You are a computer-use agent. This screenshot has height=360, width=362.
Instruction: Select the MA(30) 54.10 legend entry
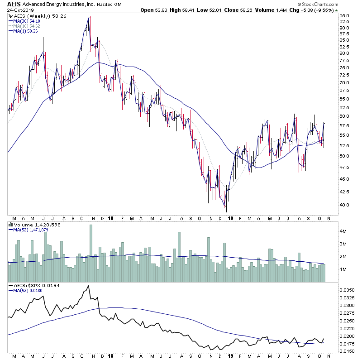point(26,21)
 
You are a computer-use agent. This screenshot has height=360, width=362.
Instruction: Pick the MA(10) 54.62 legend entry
point(26,26)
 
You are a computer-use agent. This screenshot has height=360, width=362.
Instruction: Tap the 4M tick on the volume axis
point(343,231)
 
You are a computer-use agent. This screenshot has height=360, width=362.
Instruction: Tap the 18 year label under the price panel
point(111,219)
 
